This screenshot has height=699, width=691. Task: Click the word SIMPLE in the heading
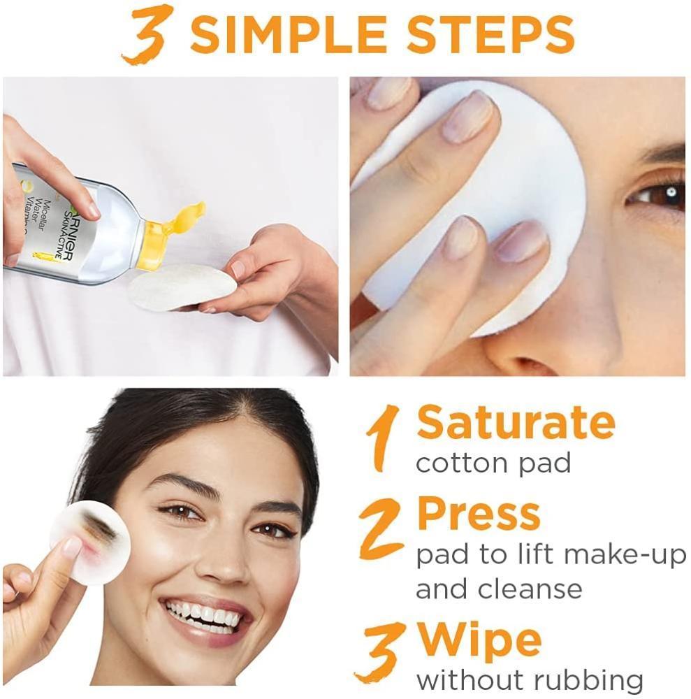point(289,34)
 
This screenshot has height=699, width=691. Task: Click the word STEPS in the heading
point(490,34)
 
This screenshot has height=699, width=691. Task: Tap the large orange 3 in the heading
point(147,34)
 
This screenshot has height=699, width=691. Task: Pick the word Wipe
point(479,642)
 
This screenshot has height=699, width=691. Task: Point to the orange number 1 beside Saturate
point(382,438)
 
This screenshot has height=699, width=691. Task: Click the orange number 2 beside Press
point(381,528)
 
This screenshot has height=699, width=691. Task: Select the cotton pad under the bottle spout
point(182,287)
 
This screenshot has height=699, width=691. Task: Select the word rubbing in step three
point(588,681)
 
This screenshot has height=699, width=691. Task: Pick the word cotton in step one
point(462,463)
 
